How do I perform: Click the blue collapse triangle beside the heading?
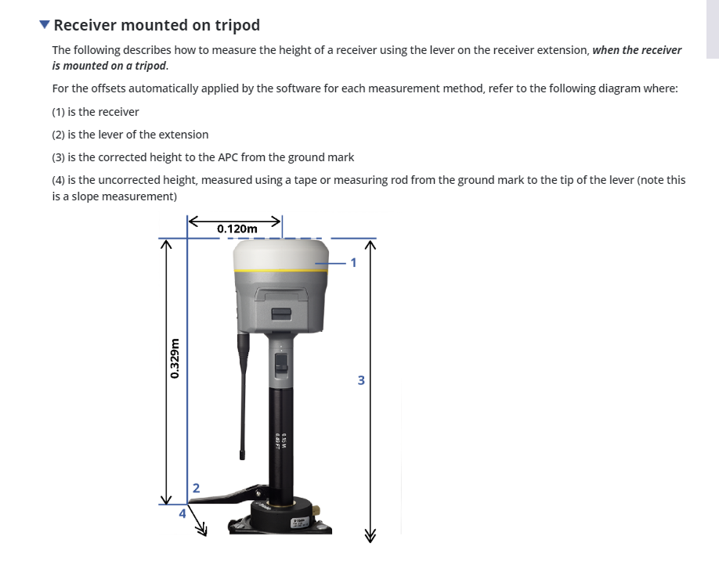click(x=45, y=24)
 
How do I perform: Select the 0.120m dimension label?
click(x=237, y=229)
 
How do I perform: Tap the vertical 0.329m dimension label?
click(x=175, y=358)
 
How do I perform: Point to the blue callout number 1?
click(x=353, y=263)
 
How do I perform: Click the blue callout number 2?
click(x=197, y=488)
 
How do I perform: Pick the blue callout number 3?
click(x=361, y=380)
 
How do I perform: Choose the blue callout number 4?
click(x=182, y=513)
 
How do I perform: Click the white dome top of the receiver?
click(x=280, y=255)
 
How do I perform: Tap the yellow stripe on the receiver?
click(x=280, y=272)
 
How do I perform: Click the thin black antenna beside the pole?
click(x=243, y=396)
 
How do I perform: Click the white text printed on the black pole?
click(x=280, y=441)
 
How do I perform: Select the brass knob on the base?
click(x=316, y=510)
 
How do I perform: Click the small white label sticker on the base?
click(x=299, y=523)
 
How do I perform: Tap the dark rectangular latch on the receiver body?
click(x=281, y=314)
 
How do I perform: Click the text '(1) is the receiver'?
click(x=96, y=112)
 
